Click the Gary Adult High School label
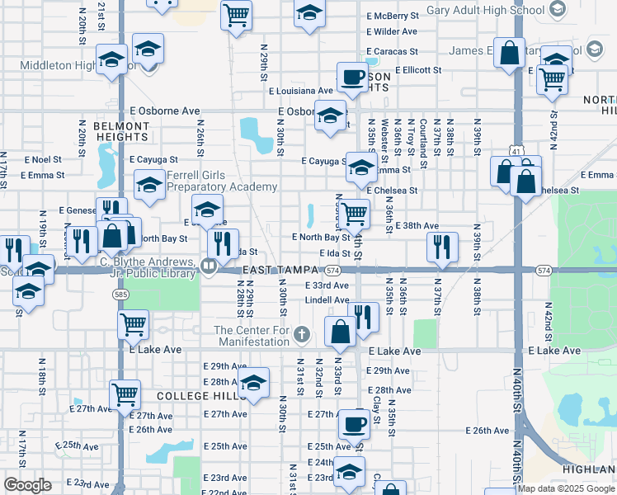(x=486, y=12)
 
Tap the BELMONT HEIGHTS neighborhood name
(x=121, y=133)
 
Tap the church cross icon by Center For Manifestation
(x=302, y=334)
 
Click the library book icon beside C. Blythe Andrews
(x=210, y=266)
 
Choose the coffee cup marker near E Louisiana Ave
(x=351, y=78)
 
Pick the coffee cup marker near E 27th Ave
(x=354, y=423)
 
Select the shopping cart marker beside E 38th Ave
(x=354, y=214)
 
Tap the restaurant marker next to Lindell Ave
(x=362, y=315)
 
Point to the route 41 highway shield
(x=516, y=152)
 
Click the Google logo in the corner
(x=27, y=485)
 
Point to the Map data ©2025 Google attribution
(x=566, y=488)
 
